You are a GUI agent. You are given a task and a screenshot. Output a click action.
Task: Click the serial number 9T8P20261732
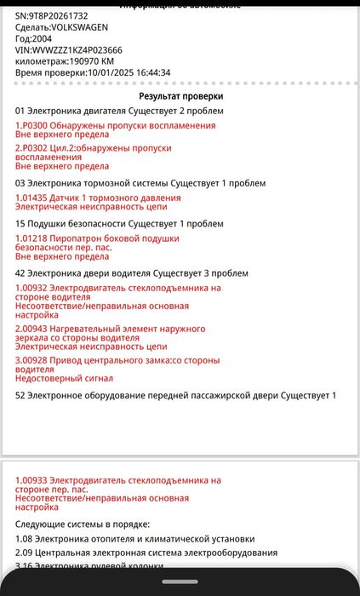click(x=58, y=16)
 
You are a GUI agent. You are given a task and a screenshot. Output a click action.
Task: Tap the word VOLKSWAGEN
click(x=80, y=28)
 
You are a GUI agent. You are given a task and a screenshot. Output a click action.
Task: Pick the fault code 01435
click(x=37, y=198)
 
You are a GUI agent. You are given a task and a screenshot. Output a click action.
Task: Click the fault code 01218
click(x=37, y=239)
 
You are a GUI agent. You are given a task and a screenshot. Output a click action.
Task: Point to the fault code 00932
click(x=37, y=288)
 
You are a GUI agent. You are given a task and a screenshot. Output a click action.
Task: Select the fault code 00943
click(x=37, y=329)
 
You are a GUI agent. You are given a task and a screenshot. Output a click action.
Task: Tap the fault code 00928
click(x=37, y=360)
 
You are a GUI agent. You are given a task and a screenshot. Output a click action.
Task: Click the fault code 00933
click(x=37, y=481)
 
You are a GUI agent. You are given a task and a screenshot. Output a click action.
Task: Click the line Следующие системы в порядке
click(x=83, y=524)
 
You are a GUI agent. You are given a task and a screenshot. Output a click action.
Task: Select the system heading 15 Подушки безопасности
click(x=119, y=224)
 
